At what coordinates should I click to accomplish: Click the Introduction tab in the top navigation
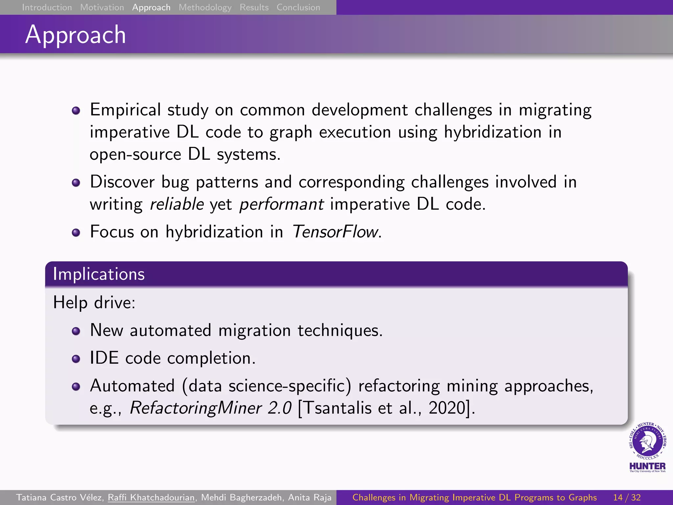pyautogui.click(x=47, y=7)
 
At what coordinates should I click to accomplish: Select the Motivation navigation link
pyautogui.click(x=102, y=7)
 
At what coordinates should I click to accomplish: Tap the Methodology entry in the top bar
pyautogui.click(x=205, y=7)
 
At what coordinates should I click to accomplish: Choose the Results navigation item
pyautogui.click(x=254, y=7)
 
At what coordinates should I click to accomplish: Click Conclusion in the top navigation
pyautogui.click(x=298, y=7)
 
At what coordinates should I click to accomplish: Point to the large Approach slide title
pyautogui.click(x=76, y=35)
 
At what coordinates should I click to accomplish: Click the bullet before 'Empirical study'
pyautogui.click(x=76, y=110)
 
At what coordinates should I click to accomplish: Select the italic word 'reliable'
pyautogui.click(x=177, y=204)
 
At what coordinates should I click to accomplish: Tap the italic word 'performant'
pyautogui.click(x=281, y=204)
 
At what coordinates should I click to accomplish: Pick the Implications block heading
pyautogui.click(x=99, y=274)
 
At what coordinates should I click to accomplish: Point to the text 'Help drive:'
pyautogui.click(x=94, y=302)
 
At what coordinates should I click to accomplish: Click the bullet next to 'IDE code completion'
pyautogui.click(x=76, y=359)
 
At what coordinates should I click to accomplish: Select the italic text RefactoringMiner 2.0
pyautogui.click(x=211, y=408)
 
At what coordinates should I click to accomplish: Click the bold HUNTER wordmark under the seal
pyautogui.click(x=647, y=466)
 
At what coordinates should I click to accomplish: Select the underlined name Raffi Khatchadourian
pyautogui.click(x=151, y=497)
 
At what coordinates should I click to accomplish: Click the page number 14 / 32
pyautogui.click(x=627, y=497)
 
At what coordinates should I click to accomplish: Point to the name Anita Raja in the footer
pyautogui.click(x=310, y=497)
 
